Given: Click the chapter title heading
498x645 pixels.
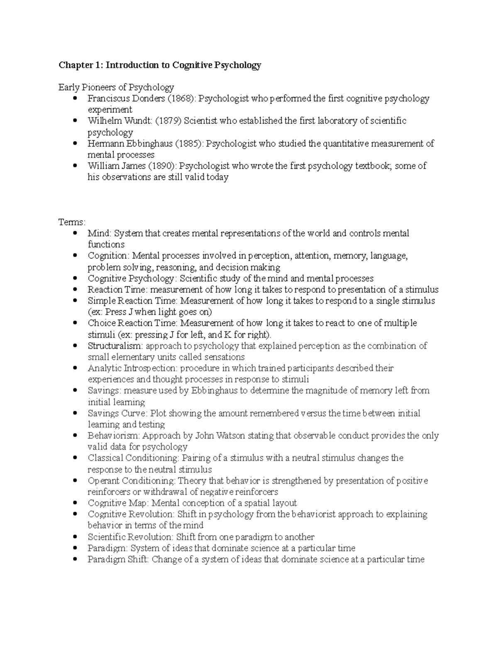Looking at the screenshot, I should (x=160, y=65).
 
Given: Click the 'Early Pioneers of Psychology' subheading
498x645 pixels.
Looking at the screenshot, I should (x=116, y=88).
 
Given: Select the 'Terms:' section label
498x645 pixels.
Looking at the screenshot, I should (x=72, y=222).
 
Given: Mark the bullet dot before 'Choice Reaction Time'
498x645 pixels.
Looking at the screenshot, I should (x=75, y=323).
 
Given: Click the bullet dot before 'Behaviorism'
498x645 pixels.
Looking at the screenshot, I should (x=75, y=436).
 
